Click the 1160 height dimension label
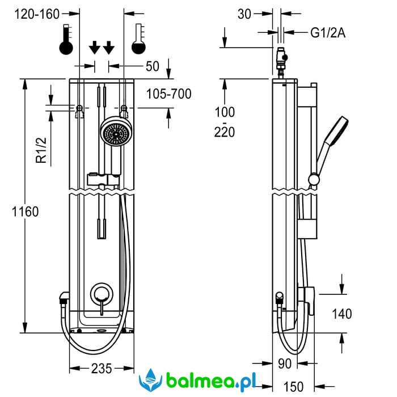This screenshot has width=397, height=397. tap(25, 212)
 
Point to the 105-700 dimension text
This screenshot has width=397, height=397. tap(168, 94)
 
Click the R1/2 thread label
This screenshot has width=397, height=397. tap(41, 149)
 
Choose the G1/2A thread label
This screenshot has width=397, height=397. tap(327, 33)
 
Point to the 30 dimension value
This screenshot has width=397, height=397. tap(244, 14)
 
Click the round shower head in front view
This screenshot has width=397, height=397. tap(117, 133)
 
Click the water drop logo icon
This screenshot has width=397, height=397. tap(150, 379)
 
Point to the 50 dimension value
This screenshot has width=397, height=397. tap(152, 66)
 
